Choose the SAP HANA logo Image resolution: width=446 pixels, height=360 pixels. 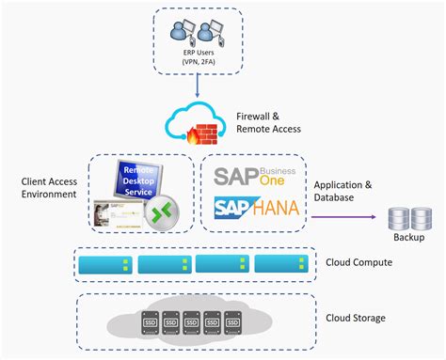click(x=256, y=208)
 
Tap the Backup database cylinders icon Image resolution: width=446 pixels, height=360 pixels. click(x=409, y=218)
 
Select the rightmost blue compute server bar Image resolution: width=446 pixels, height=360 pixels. click(x=281, y=264)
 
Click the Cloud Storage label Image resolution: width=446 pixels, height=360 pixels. click(x=357, y=318)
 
